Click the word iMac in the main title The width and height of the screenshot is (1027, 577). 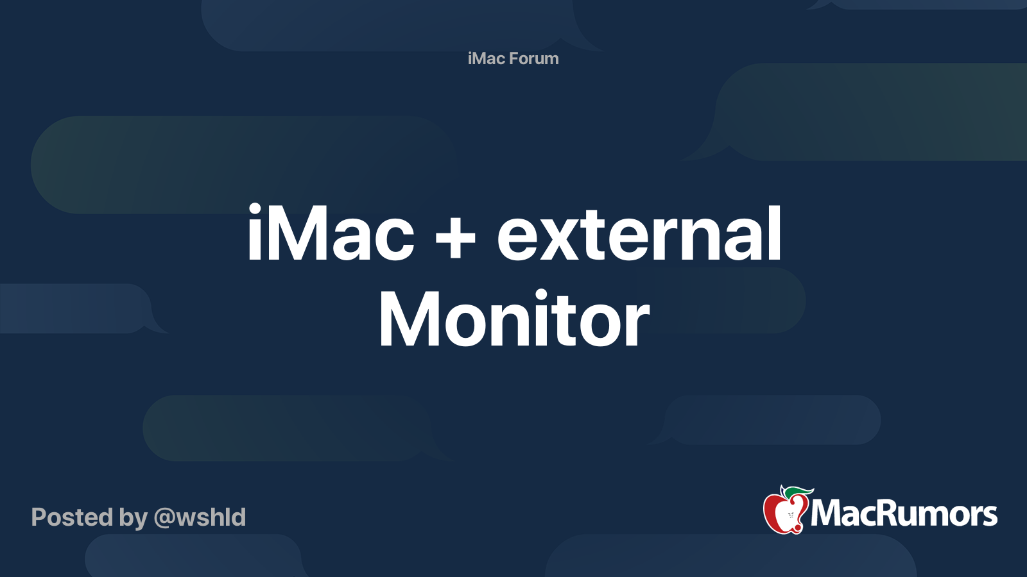point(331,233)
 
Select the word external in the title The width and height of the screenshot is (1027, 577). point(639,233)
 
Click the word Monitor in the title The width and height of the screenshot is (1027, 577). point(513,319)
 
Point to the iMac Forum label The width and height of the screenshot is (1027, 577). point(513,58)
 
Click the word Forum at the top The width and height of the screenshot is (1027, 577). point(533,58)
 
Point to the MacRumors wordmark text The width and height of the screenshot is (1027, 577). point(904,514)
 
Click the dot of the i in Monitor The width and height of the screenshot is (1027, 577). point(541,296)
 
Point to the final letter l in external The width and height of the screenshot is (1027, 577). point(775,233)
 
